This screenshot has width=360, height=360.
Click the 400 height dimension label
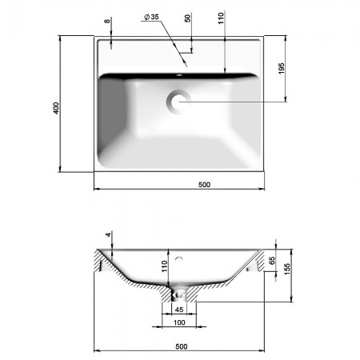(x=56, y=108)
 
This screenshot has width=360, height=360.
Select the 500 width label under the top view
(x=204, y=185)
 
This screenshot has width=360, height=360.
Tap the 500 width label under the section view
(x=182, y=346)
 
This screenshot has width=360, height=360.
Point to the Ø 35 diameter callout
(x=151, y=17)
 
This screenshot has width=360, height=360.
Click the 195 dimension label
(x=282, y=69)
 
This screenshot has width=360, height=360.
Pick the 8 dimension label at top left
(x=107, y=21)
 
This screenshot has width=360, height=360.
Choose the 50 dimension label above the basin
(x=188, y=18)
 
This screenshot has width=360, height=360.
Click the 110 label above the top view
(x=221, y=18)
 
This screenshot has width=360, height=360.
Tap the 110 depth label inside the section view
(x=164, y=266)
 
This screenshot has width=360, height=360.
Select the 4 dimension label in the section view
(x=108, y=234)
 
